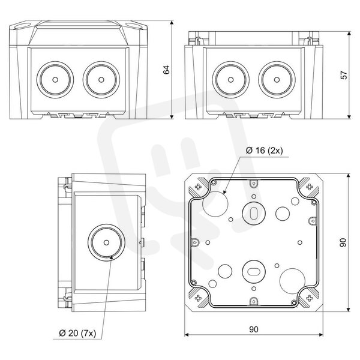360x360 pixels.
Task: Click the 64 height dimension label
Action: click(x=166, y=70)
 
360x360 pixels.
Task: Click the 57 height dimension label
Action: click(x=344, y=75)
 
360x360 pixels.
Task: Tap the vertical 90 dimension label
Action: click(x=343, y=242)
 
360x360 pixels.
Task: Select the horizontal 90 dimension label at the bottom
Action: click(x=254, y=329)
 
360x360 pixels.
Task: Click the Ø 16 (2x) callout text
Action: click(x=264, y=151)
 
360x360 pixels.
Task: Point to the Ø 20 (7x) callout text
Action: click(x=77, y=333)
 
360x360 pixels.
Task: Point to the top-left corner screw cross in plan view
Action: click(x=198, y=187)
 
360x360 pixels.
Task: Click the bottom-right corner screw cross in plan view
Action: click(x=310, y=298)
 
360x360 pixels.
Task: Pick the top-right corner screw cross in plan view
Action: click(x=310, y=187)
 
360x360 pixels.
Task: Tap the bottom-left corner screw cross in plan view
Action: click(x=198, y=298)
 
